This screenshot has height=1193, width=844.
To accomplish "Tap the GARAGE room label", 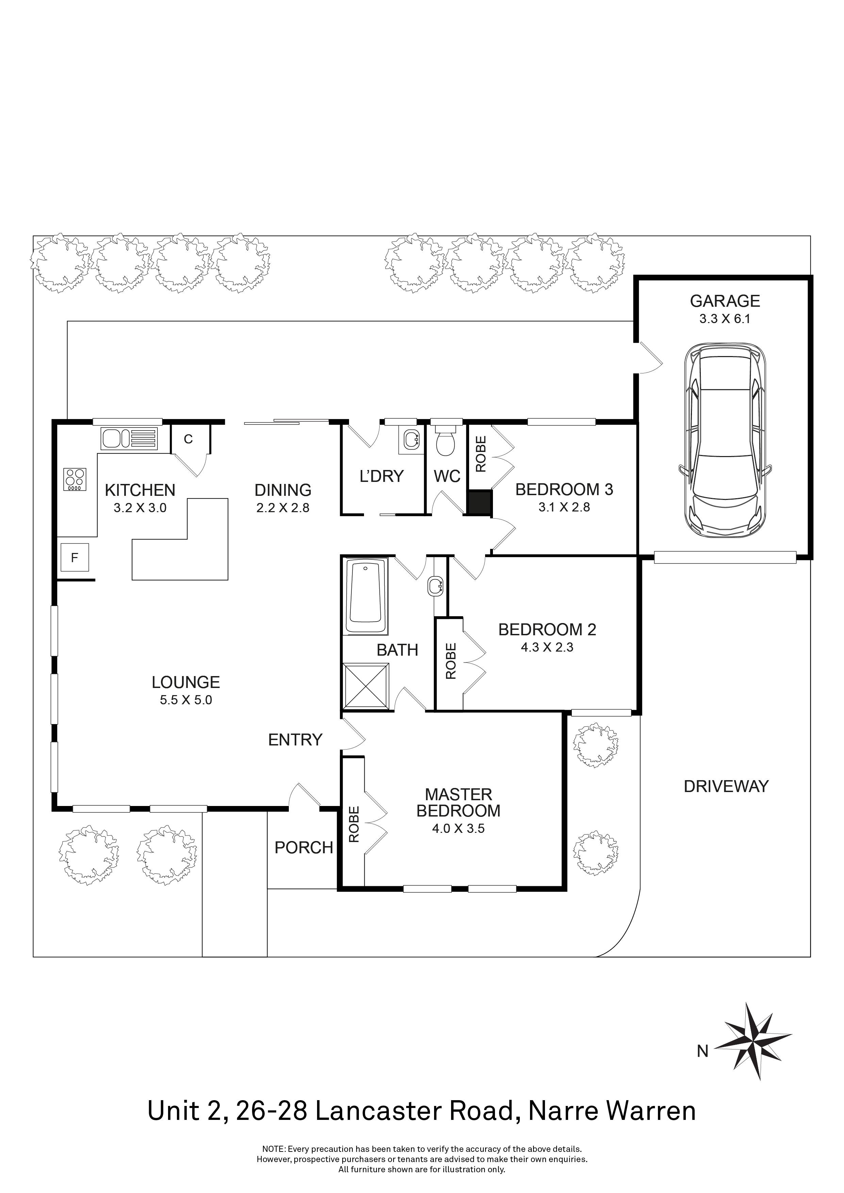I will (725, 301).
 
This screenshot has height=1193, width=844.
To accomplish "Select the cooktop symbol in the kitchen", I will (75, 480).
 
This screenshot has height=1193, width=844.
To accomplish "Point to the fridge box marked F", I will (74, 557).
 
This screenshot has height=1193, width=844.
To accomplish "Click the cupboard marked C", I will (188, 439).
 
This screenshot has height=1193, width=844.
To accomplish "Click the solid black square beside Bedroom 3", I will (479, 502).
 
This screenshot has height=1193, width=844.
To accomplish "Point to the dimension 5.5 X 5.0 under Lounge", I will (185, 700).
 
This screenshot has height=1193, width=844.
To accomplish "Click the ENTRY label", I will (295, 739).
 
